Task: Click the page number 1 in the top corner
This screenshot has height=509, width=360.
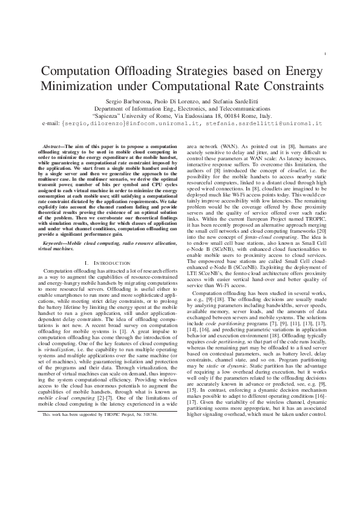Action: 326,54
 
